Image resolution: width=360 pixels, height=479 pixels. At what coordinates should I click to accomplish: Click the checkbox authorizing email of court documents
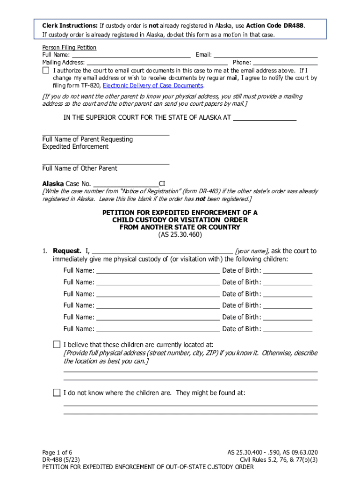[x=46, y=70]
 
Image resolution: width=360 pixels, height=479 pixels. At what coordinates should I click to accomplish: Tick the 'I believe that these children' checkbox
[x=57, y=345]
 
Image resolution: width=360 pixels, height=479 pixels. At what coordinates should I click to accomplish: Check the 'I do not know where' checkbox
[x=57, y=392]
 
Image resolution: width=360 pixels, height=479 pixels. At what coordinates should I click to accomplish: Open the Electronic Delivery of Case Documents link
[x=153, y=86]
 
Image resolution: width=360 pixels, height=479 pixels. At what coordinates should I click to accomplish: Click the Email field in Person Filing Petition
[x=266, y=55]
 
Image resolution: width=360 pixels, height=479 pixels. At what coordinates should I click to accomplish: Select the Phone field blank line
[x=285, y=62]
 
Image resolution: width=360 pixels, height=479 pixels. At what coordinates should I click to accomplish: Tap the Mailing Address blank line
[x=157, y=62]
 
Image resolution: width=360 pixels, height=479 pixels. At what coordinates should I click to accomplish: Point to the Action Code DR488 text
[x=275, y=25]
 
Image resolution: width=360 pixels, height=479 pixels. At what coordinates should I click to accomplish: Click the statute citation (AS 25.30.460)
[x=180, y=235]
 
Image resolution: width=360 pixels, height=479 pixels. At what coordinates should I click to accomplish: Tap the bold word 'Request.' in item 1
[x=67, y=251]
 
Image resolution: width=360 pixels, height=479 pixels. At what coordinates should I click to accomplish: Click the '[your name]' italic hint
[x=252, y=251]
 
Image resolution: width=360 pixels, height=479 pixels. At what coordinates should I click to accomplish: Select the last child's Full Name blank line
[x=158, y=329]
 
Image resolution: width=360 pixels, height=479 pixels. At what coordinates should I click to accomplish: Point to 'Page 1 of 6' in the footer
[x=57, y=452]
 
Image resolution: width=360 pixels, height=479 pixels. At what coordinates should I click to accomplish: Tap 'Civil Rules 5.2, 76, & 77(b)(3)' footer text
[x=279, y=460]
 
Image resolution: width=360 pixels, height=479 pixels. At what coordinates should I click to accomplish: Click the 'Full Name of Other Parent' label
[x=80, y=168]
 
